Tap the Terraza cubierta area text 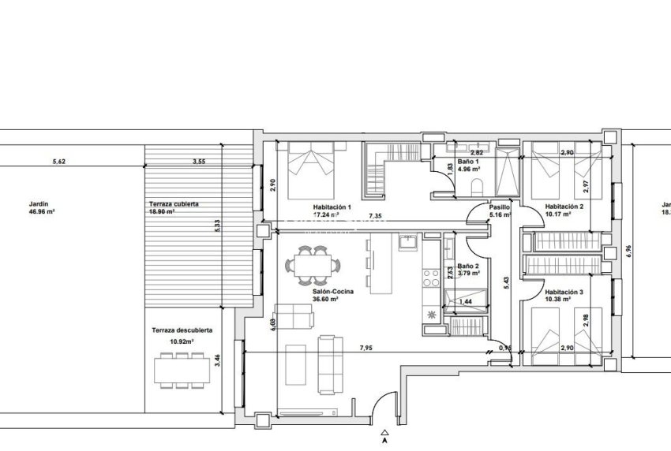173,208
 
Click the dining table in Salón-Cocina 309,263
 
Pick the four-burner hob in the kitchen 432,278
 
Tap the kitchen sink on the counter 408,242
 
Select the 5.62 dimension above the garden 58,162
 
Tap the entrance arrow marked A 384,433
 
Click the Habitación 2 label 564,207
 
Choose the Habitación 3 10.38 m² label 564,296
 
